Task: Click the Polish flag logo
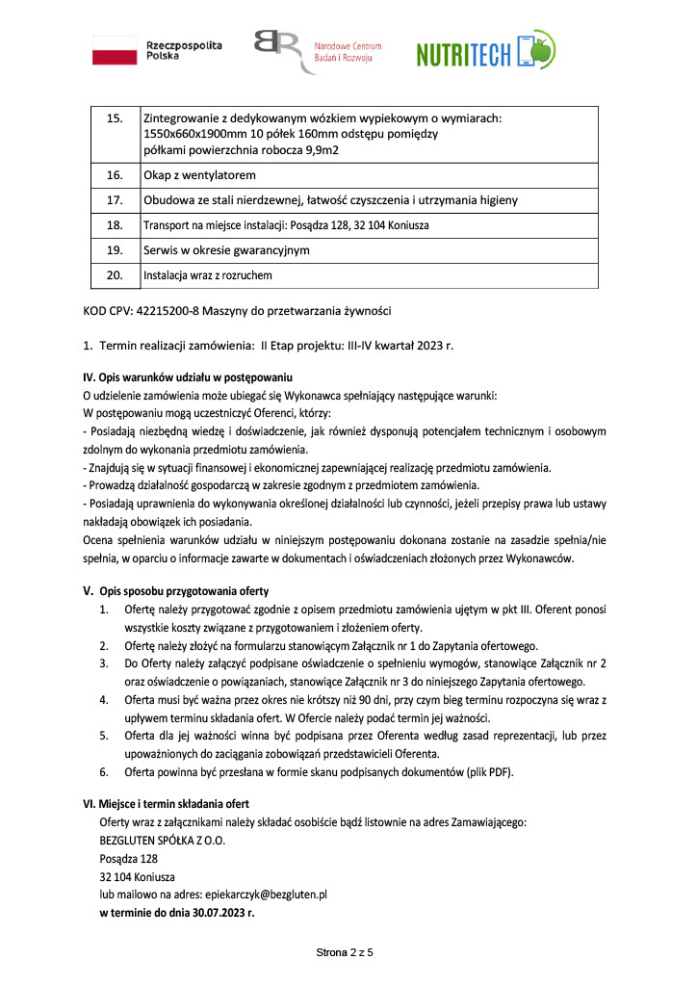click(115, 50)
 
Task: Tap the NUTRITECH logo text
click(463, 55)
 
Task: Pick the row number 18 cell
click(116, 225)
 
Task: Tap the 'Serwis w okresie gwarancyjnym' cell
click(226, 250)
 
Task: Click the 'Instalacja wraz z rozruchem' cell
click(208, 275)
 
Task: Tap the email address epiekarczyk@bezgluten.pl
click(267, 894)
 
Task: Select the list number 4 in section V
click(103, 698)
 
